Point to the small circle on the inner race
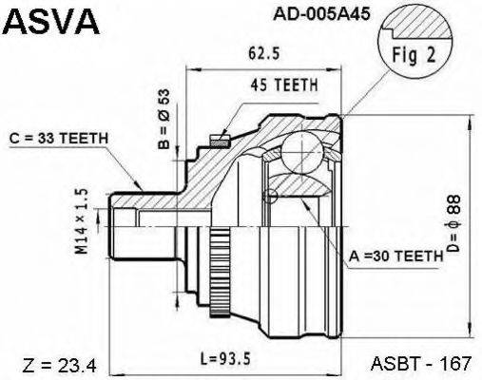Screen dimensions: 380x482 point(272,196)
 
